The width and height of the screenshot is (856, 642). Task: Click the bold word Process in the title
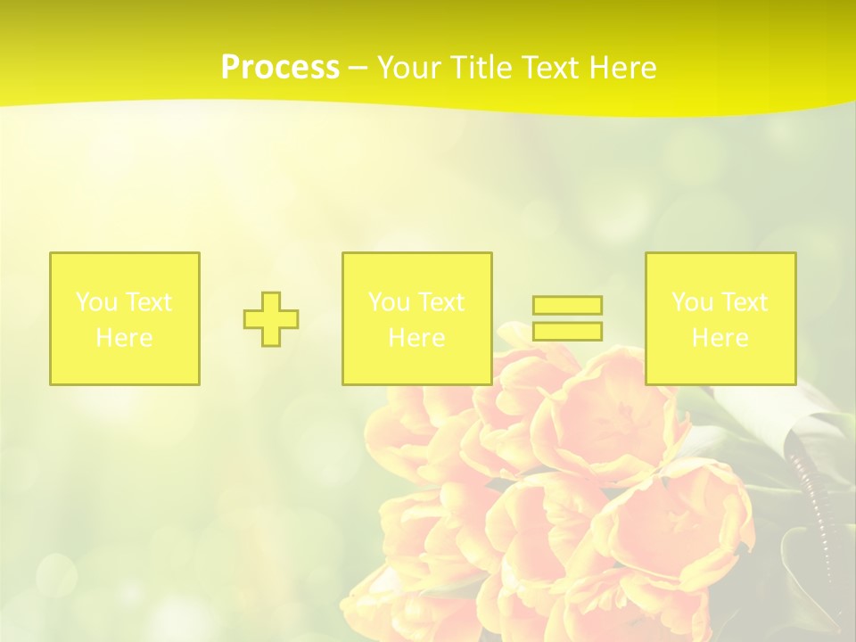pyautogui.click(x=280, y=68)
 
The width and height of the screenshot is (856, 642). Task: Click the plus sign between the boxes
pyautogui.click(x=271, y=319)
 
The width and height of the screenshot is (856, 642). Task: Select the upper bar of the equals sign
pyautogui.click(x=567, y=305)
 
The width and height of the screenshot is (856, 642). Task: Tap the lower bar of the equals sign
pyautogui.click(x=567, y=332)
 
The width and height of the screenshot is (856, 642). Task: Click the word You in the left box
pyautogui.click(x=95, y=302)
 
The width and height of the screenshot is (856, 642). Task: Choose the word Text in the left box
pyautogui.click(x=147, y=302)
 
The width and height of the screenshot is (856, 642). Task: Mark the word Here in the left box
pyautogui.click(x=124, y=338)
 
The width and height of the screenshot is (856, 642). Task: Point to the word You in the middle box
pyautogui.click(x=388, y=302)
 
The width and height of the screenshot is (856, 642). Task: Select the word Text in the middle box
pyautogui.click(x=440, y=302)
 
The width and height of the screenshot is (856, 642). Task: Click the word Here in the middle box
pyautogui.click(x=416, y=338)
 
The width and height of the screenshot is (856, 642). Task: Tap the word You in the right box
pyautogui.click(x=691, y=302)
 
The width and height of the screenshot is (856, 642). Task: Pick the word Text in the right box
pyautogui.click(x=743, y=302)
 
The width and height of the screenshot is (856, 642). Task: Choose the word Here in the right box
pyautogui.click(x=720, y=338)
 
